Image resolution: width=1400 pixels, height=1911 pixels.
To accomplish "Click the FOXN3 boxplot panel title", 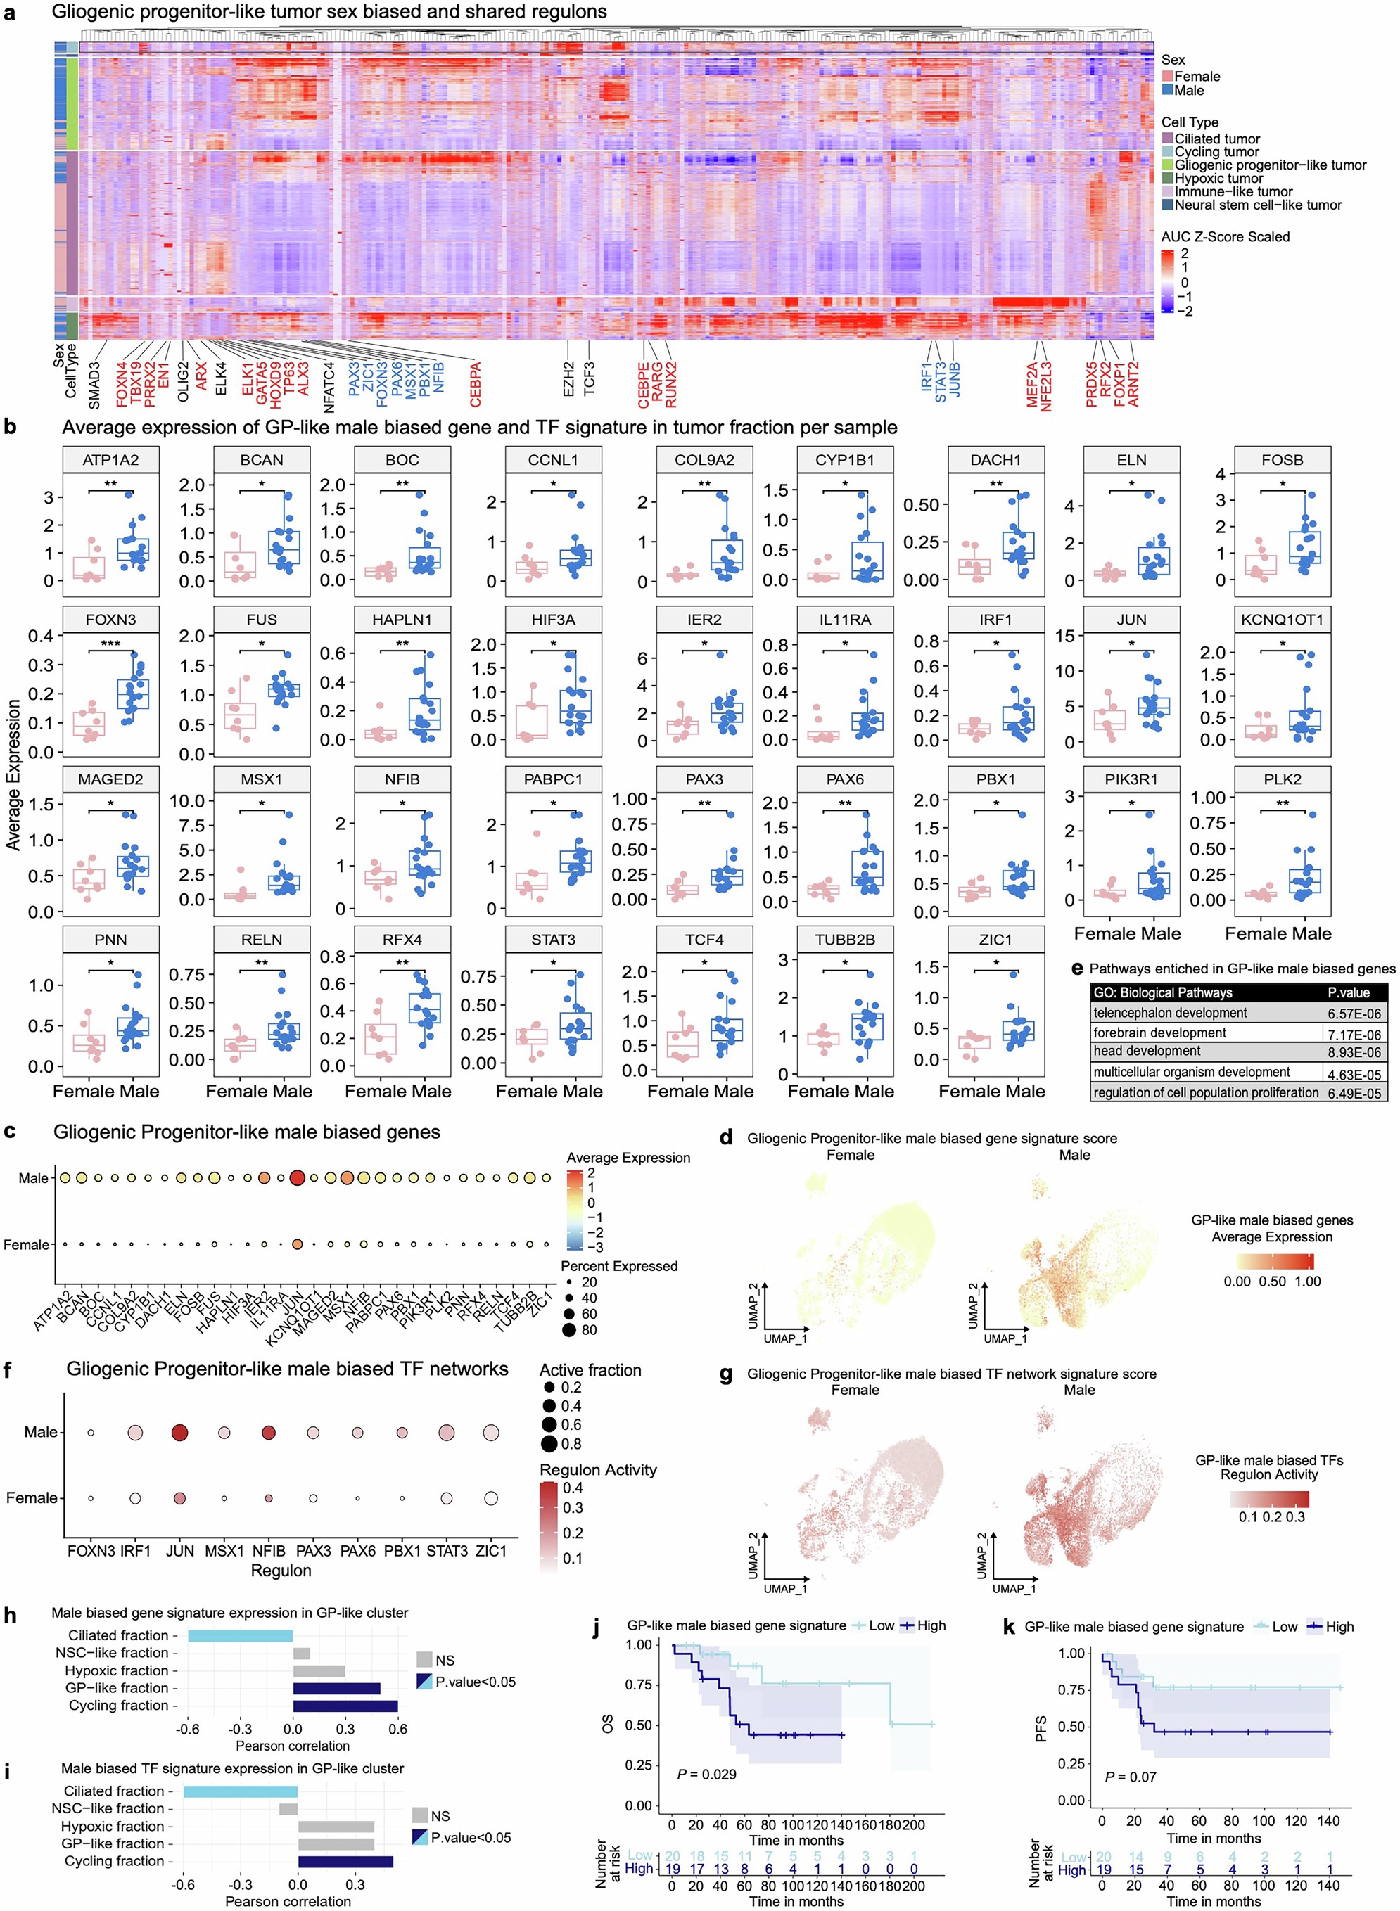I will [110, 619].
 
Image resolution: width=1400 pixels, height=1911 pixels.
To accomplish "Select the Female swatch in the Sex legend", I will [1167, 76].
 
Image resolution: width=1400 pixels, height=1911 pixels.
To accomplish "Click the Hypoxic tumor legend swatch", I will [1167, 179].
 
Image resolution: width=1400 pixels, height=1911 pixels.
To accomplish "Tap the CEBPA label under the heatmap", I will [476, 384].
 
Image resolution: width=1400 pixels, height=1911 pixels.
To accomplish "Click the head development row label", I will [1147, 1052].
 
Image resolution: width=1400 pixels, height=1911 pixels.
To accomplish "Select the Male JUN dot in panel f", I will [179, 1433].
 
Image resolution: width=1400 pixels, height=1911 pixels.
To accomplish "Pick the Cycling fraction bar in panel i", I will [345, 1861].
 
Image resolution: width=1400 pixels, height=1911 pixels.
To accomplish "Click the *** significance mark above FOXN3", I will [110, 644].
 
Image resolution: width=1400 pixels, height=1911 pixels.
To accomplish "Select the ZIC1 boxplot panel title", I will [995, 940].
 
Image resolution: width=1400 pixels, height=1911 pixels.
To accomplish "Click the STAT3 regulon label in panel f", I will [447, 1551].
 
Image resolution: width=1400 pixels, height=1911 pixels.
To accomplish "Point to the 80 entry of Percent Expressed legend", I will [588, 1331].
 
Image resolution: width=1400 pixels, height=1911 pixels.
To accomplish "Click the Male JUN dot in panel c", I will [298, 1178].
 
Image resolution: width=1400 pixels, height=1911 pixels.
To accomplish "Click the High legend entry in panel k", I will [1329, 1626].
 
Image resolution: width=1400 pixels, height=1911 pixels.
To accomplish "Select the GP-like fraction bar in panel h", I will [336, 1687].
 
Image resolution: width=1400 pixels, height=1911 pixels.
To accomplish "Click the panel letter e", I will [1077, 969].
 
